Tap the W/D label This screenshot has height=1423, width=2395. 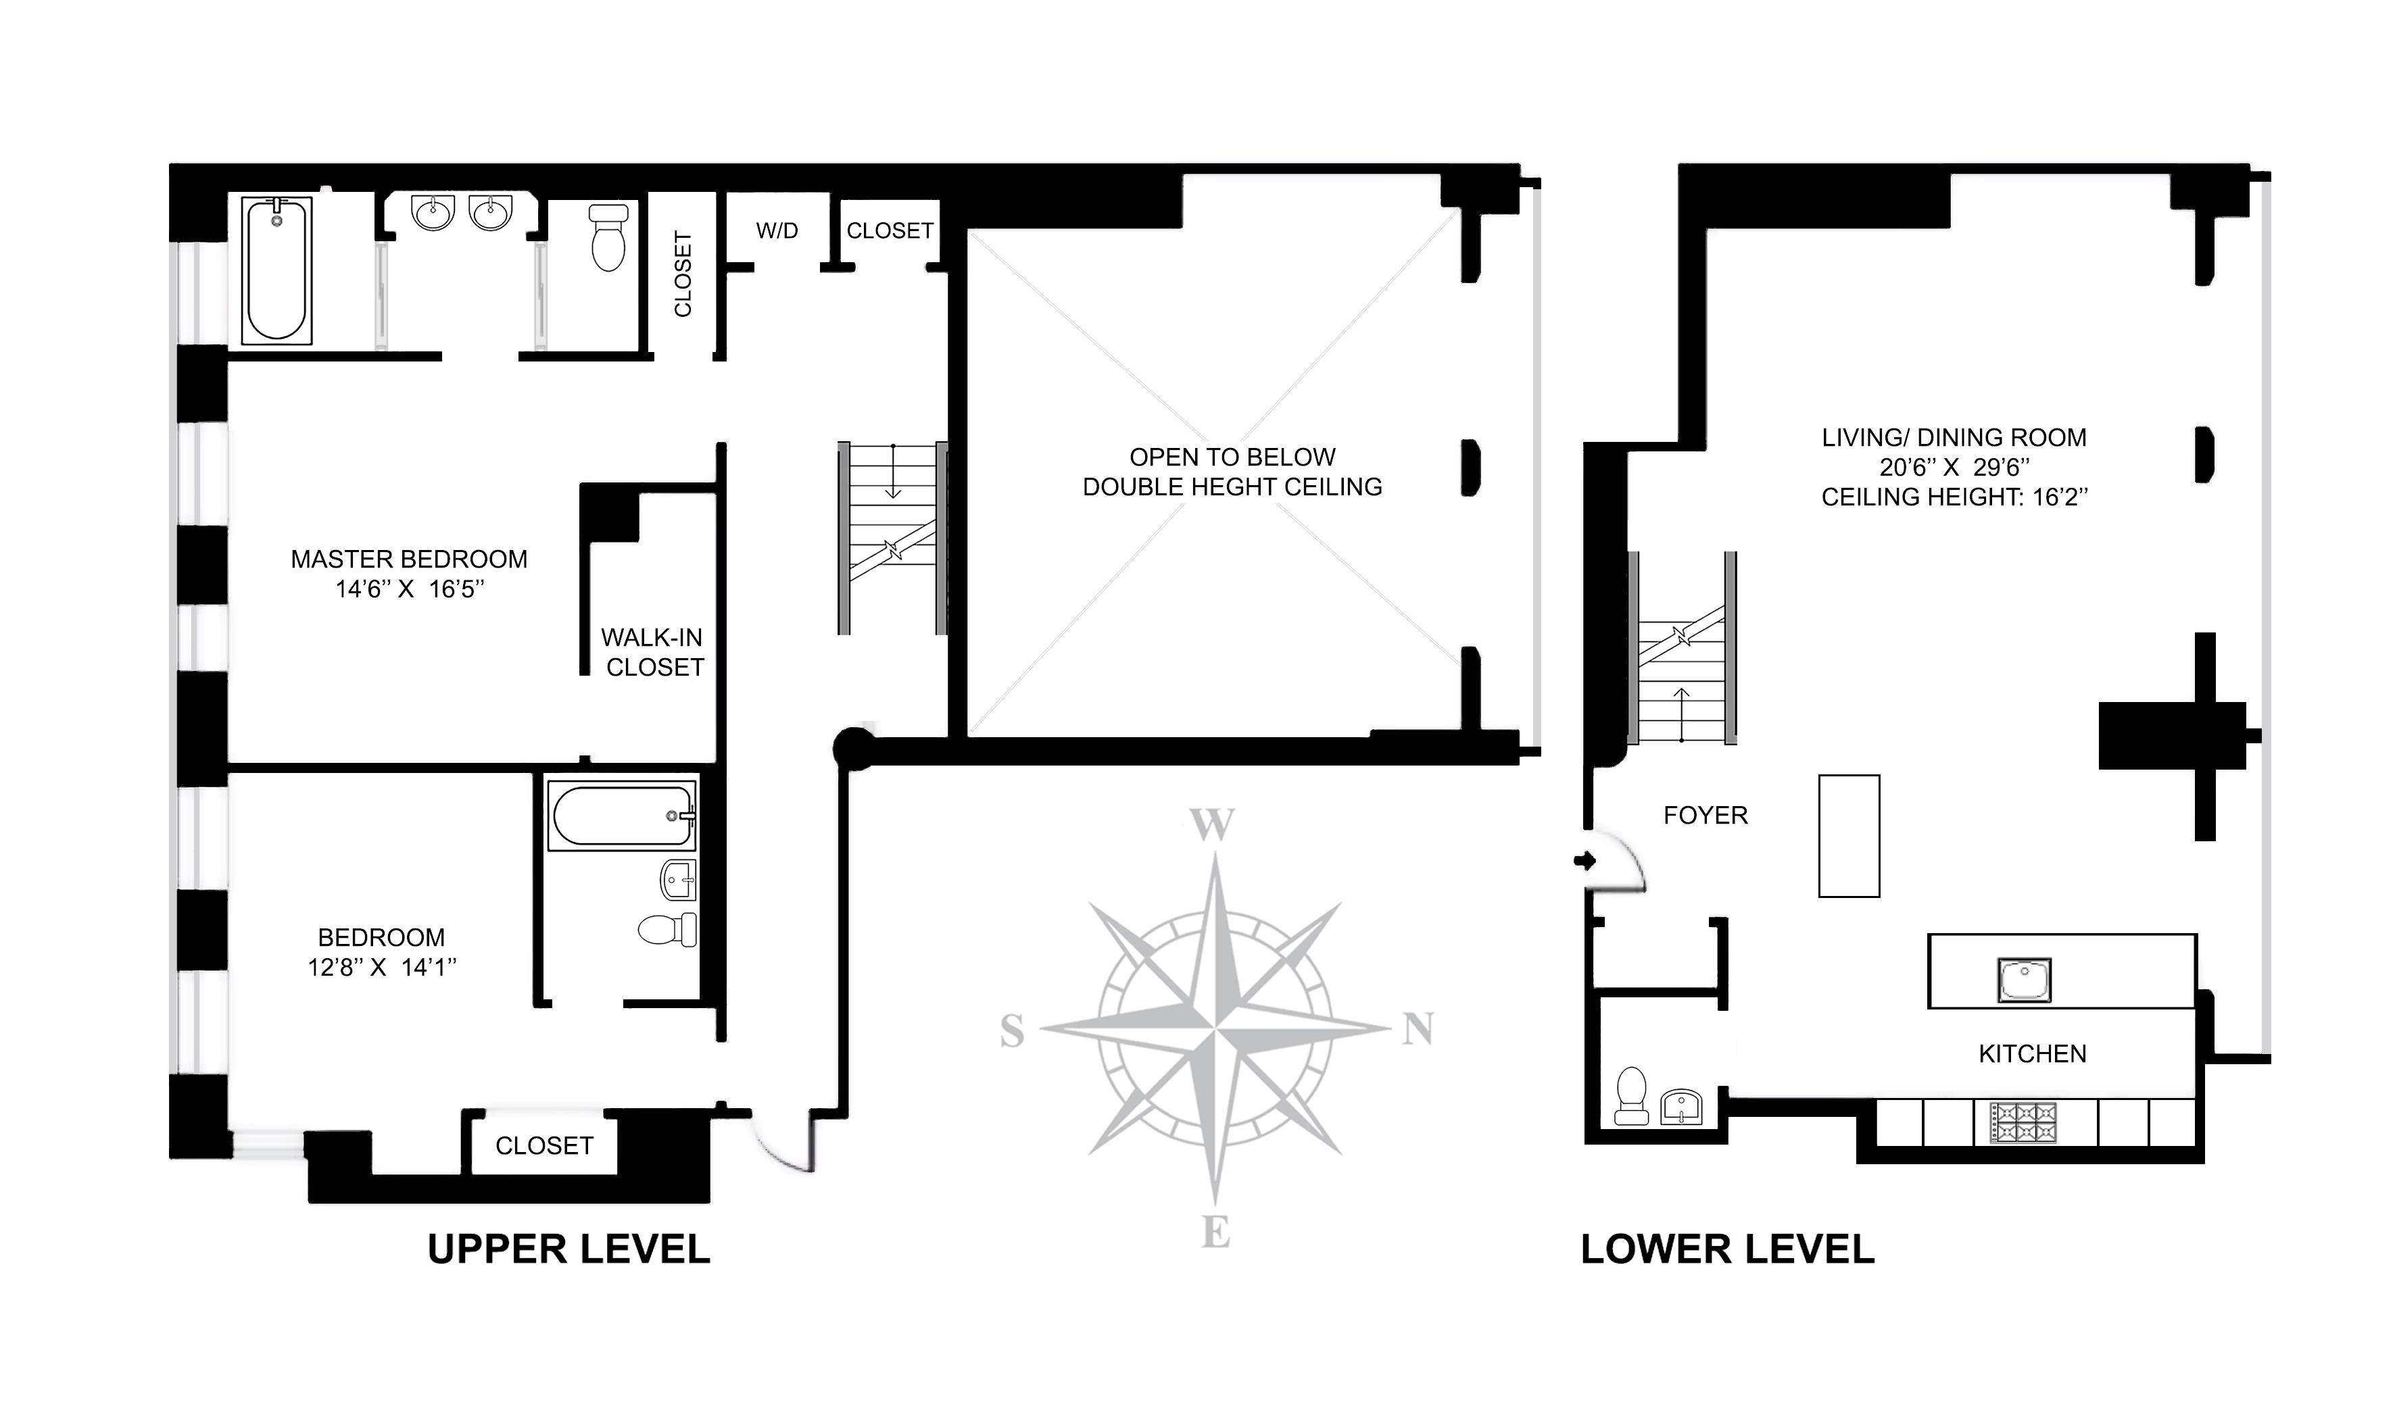pyautogui.click(x=777, y=231)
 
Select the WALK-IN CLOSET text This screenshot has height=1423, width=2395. pyautogui.click(x=653, y=652)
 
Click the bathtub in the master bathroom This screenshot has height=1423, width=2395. pyautogui.click(x=276, y=270)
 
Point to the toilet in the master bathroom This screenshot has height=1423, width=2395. pyautogui.click(x=608, y=237)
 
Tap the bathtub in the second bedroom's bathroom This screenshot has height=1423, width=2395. pyautogui.click(x=621, y=815)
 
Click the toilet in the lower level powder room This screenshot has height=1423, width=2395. pyautogui.click(x=1632, y=1096)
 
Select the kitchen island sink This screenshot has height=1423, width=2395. pyautogui.click(x=2024, y=980)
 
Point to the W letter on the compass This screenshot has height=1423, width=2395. pyautogui.click(x=1211, y=824)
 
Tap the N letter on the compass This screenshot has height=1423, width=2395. pyautogui.click(x=1418, y=1029)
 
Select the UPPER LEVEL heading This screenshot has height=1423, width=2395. pyautogui.click(x=568, y=1249)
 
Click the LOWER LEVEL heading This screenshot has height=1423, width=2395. pyautogui.click(x=1727, y=1249)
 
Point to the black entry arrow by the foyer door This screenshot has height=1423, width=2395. pyautogui.click(x=1584, y=861)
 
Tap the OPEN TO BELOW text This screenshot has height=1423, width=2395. pyautogui.click(x=1232, y=457)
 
